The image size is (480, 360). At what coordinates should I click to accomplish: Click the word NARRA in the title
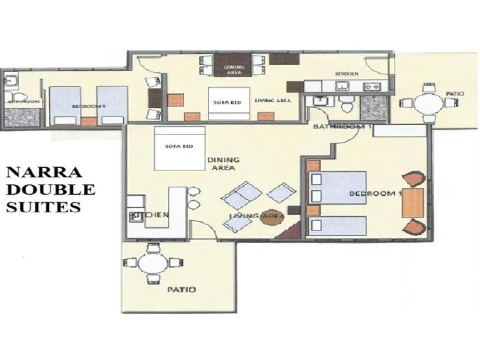(x=44, y=172)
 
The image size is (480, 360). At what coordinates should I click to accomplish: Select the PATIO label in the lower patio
(x=181, y=290)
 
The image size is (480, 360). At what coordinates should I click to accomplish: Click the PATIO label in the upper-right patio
(x=455, y=94)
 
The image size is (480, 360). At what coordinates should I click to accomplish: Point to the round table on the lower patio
(x=153, y=264)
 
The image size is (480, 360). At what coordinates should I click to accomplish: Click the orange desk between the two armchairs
(x=413, y=202)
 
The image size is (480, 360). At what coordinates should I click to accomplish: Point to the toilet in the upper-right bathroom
(x=347, y=105)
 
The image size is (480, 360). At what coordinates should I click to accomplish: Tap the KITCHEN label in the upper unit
(x=347, y=74)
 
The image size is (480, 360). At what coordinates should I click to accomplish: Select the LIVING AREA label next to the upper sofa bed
(x=272, y=100)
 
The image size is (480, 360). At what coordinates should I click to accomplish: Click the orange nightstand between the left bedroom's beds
(x=89, y=121)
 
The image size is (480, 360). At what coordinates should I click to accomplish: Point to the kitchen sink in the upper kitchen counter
(x=343, y=86)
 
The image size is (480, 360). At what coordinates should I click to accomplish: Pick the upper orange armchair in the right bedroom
(x=414, y=180)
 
